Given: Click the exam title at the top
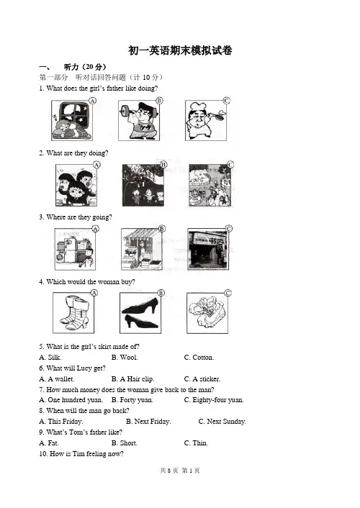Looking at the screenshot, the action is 180,50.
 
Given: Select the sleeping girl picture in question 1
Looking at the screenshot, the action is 72,120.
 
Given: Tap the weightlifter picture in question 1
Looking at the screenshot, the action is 139,120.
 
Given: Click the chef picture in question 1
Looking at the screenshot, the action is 206,120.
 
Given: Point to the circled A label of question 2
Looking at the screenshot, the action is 96,165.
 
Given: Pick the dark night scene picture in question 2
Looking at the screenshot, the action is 143,185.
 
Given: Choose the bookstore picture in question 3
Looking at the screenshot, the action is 208,249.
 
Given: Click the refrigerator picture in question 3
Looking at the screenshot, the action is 75,249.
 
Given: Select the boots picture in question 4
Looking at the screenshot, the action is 73,312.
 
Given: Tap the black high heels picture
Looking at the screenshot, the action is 140,312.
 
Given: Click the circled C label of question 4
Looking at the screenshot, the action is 228,293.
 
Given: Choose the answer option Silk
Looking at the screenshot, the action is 50,358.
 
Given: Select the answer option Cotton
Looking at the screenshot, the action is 199,358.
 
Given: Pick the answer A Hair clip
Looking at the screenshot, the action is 132,379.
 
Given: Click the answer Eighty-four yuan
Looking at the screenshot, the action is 214,400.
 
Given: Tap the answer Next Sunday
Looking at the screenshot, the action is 222,422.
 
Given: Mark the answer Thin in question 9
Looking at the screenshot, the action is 196,443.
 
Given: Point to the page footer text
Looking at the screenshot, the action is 180,471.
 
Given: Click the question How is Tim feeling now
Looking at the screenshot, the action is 81,454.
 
